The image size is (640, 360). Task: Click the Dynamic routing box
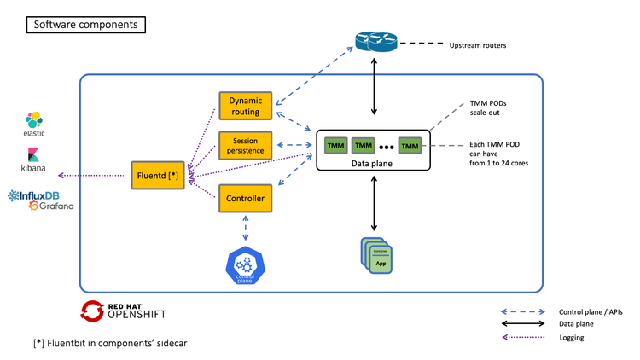[x=245, y=105]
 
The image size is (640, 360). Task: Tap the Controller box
[x=245, y=199]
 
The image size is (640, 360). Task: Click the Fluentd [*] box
[x=157, y=176]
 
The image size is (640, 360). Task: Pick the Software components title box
[x=85, y=25]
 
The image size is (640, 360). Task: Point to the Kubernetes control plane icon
[x=246, y=265]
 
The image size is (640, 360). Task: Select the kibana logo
[x=35, y=160]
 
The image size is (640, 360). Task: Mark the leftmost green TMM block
[x=335, y=146]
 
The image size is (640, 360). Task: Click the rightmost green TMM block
[x=410, y=146]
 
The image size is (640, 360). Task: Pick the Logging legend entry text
[x=573, y=338]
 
